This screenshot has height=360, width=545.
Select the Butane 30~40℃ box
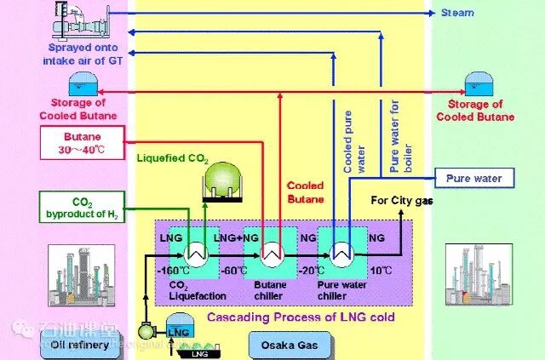coord(83,143)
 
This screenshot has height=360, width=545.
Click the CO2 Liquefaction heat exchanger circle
coord(196,254)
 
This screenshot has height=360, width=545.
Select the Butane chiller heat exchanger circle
coord(272,254)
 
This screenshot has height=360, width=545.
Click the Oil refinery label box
coord(77,345)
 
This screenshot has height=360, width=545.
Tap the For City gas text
coord(402,200)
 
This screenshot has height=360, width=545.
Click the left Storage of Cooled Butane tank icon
coord(83,83)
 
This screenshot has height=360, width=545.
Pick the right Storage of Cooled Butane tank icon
coord(475,83)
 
